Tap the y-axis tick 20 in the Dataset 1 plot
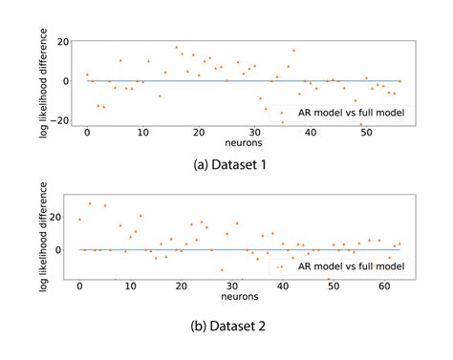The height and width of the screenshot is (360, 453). (63, 42)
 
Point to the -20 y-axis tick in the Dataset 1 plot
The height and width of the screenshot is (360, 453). (60, 120)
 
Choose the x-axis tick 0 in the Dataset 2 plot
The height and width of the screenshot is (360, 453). (80, 287)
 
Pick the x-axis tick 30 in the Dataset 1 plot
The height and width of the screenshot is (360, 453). (254, 132)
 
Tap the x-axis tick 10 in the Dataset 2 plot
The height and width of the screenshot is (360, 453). (130, 287)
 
